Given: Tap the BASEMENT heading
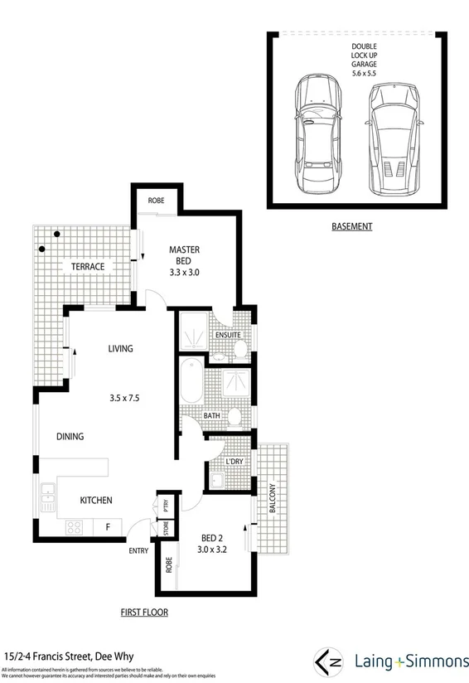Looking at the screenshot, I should (351, 226).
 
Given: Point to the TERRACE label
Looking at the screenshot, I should (87, 266).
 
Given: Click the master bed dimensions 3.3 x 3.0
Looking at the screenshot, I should (184, 272).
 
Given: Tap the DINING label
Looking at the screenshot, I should (70, 436).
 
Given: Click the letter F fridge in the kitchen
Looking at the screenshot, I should (108, 526).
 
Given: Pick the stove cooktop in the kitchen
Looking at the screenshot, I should (74, 526).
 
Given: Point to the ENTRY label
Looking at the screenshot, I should (138, 550).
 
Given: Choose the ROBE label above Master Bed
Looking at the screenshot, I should (155, 201).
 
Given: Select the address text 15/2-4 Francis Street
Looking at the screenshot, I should (56, 654).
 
